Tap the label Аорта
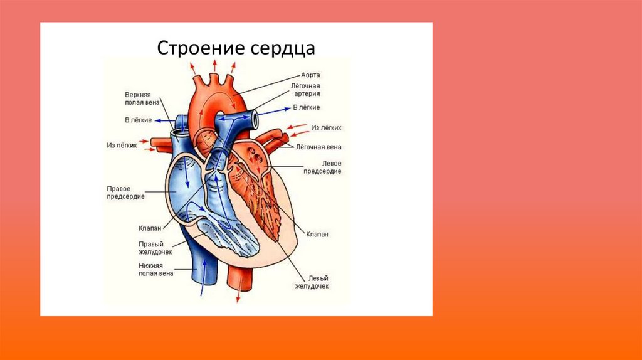(x=311, y=74)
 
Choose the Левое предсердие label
(x=322, y=167)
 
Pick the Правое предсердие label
(x=125, y=192)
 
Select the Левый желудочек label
(x=312, y=282)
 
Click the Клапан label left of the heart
(x=150, y=228)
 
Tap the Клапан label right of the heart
(x=317, y=233)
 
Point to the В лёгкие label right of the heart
(x=307, y=107)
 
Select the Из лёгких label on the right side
(x=326, y=127)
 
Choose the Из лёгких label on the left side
(x=122, y=144)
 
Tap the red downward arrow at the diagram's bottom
(x=238, y=295)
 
